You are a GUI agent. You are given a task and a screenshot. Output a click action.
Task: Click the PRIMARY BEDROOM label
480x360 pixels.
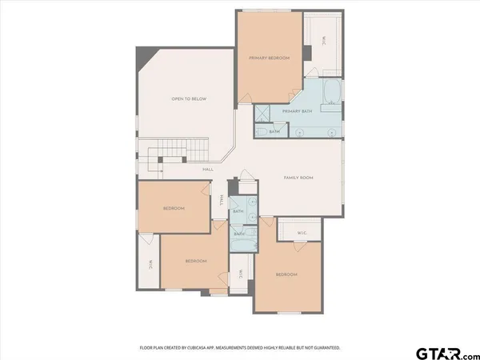269,58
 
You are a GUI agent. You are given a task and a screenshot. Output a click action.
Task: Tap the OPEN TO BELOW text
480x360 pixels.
189,98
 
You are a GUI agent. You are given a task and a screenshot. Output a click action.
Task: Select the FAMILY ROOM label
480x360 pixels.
298,177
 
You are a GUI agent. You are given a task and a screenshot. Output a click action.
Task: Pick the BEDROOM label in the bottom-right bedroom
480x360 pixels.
286,274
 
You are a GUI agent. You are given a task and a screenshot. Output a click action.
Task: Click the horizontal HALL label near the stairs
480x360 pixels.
207,169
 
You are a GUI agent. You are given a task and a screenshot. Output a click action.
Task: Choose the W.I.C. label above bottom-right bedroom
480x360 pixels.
302,233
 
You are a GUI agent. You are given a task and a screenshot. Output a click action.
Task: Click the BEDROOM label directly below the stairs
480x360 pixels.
174,208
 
